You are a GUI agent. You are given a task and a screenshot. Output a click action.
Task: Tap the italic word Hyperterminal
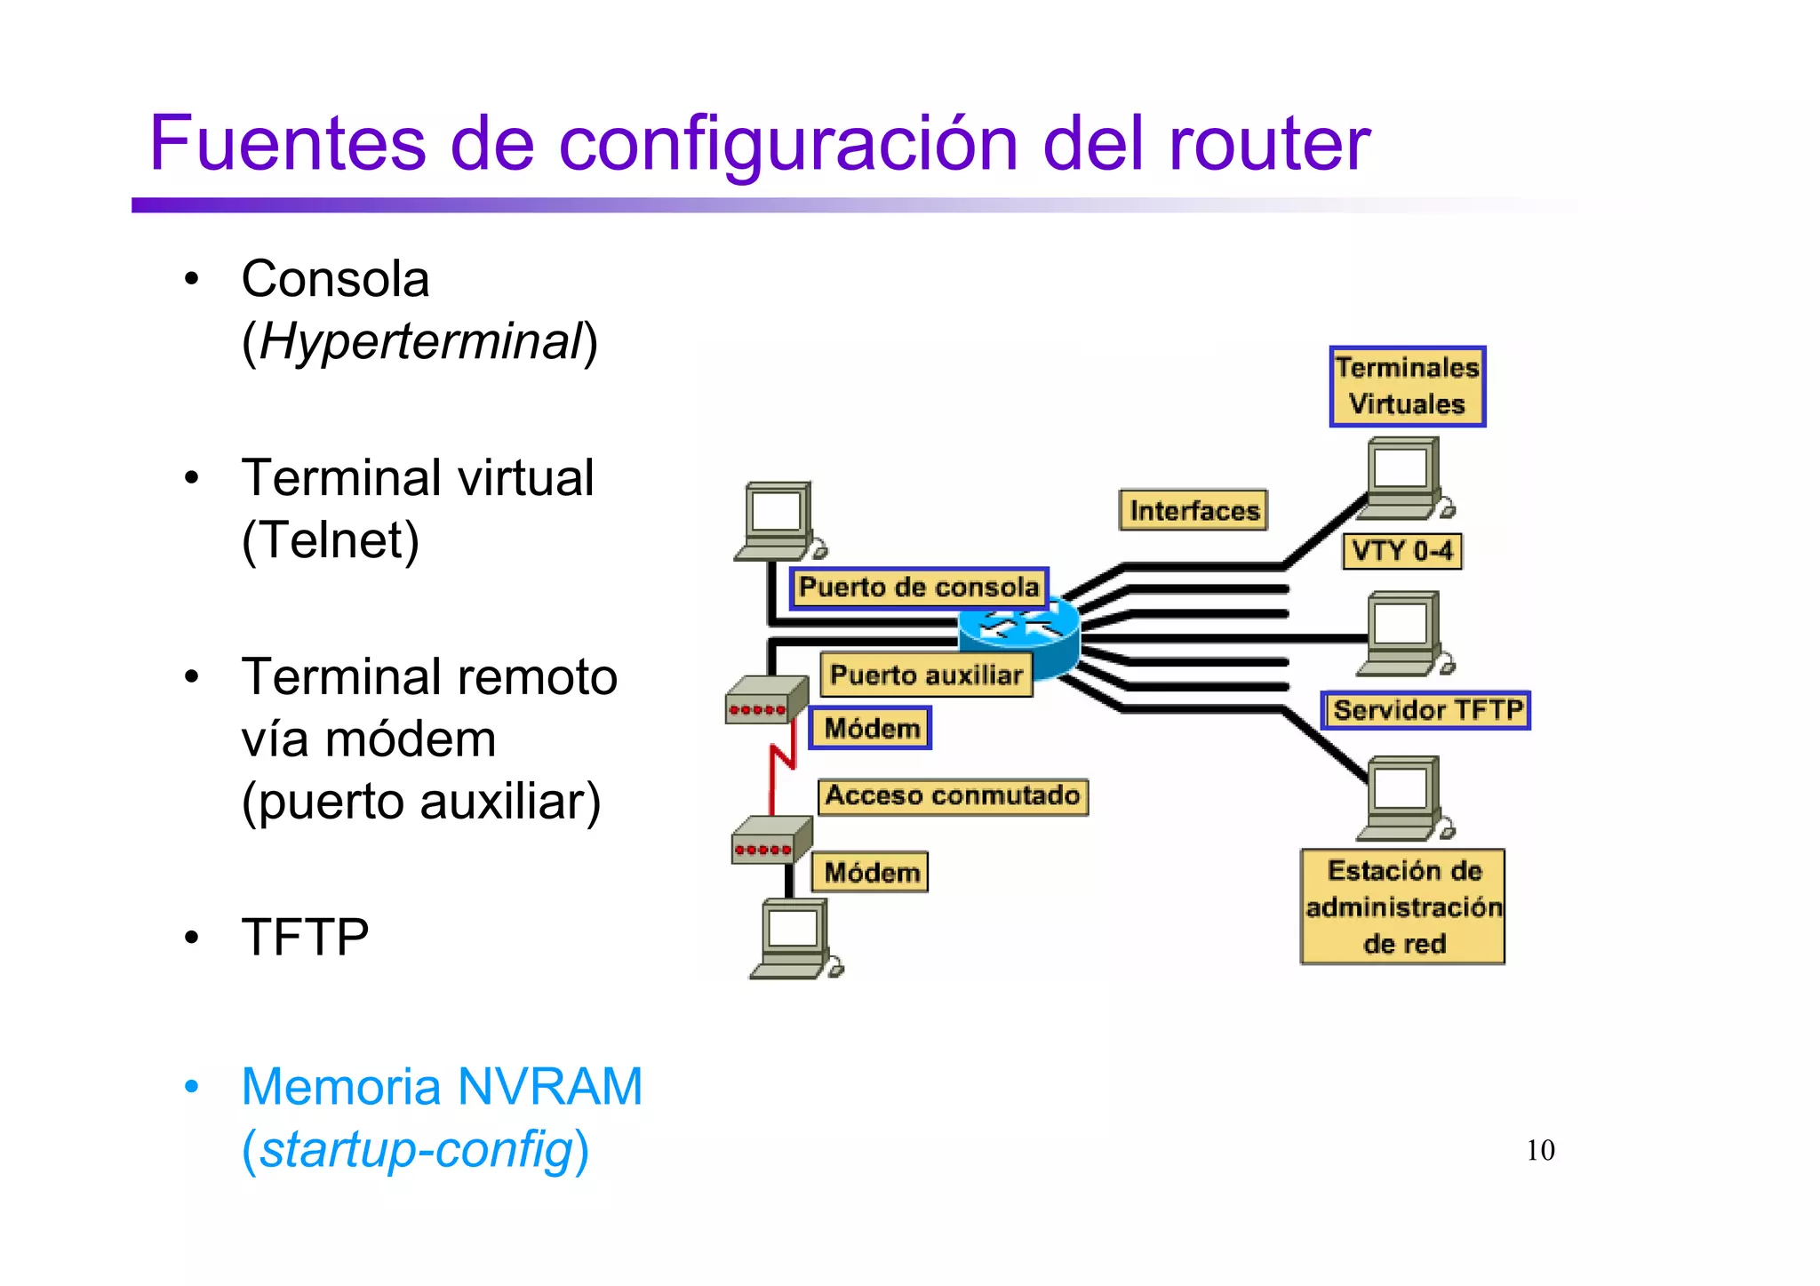(420, 341)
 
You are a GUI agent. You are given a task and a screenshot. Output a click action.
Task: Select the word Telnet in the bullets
(331, 540)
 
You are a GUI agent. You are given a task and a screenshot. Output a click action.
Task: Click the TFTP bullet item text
(305, 937)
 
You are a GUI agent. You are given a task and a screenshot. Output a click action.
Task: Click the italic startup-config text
(416, 1149)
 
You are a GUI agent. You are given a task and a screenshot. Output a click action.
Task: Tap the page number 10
(1540, 1150)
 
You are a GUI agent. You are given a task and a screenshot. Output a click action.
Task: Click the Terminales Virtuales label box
(1407, 387)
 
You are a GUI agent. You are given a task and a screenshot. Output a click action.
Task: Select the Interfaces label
(1193, 510)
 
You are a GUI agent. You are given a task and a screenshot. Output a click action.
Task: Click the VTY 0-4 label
(1401, 551)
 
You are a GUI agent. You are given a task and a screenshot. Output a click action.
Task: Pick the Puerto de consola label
(919, 587)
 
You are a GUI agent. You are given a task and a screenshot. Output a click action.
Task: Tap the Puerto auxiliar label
(926, 675)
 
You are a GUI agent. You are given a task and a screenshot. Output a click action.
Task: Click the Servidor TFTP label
(1425, 710)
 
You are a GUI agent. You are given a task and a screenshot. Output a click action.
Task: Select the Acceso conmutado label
(953, 795)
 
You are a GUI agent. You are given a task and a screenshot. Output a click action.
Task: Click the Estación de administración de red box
(1403, 907)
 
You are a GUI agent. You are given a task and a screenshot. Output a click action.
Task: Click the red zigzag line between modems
(780, 764)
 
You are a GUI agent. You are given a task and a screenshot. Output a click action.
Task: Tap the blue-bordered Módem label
(871, 729)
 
